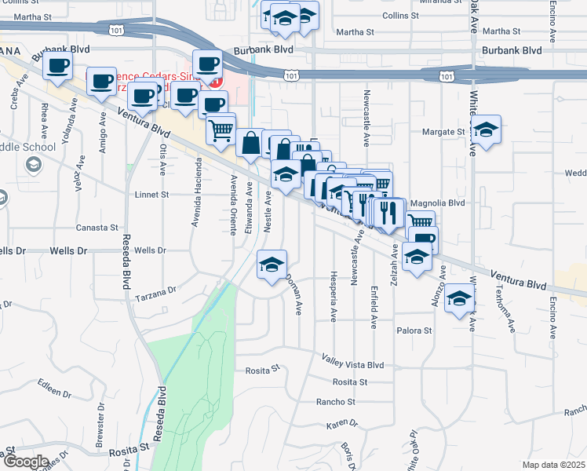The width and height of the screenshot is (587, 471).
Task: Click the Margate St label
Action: (444, 132)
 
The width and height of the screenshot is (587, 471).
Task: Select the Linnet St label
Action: (152, 194)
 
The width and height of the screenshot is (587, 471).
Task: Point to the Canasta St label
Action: (91, 228)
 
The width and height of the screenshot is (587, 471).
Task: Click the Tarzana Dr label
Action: (156, 294)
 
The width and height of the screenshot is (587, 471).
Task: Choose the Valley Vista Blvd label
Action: (352, 362)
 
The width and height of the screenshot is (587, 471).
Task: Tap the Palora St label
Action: (414, 330)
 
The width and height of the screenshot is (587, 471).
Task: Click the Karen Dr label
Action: (341, 424)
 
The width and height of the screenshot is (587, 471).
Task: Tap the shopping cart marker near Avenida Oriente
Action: (222, 129)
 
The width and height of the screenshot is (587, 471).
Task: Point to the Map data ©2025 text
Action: (553, 465)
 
